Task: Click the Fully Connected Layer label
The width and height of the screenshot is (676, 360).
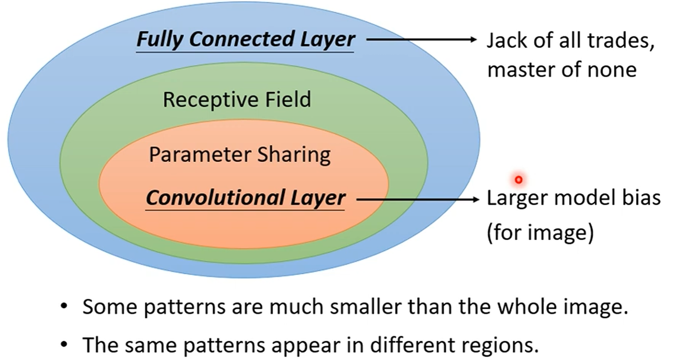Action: click(x=245, y=39)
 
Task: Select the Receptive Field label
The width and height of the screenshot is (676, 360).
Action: click(x=237, y=100)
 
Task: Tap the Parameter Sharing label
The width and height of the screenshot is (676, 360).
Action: click(x=239, y=155)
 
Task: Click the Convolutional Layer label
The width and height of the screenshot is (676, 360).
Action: click(x=245, y=198)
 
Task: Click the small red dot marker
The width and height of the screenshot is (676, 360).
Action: click(x=518, y=180)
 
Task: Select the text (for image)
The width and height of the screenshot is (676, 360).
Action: click(x=540, y=232)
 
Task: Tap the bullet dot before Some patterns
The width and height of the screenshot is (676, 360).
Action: click(x=64, y=306)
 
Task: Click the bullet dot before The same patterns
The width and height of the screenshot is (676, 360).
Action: click(x=64, y=344)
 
